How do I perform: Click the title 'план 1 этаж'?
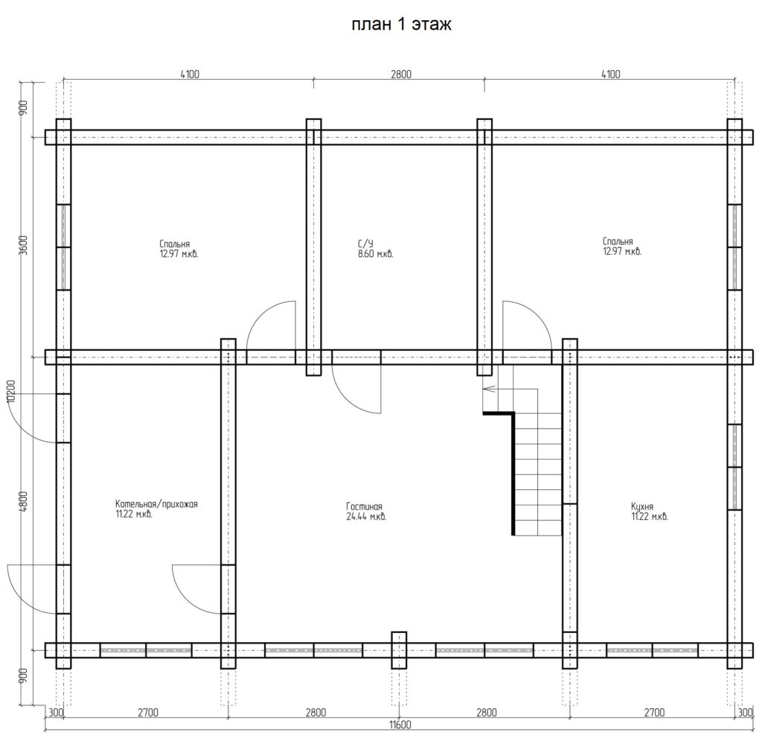(x=401, y=25)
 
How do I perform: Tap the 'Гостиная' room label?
(x=364, y=506)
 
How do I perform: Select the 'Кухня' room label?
(x=642, y=506)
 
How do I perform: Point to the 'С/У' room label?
(x=365, y=244)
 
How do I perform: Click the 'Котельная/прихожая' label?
(x=156, y=504)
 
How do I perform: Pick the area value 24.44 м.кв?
(x=366, y=517)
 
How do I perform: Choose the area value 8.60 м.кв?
(x=375, y=254)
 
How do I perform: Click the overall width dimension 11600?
(x=400, y=725)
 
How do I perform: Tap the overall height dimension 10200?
(x=13, y=390)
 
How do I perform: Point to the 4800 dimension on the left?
(x=25, y=501)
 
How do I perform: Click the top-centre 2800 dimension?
(x=401, y=74)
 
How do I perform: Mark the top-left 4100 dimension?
(x=190, y=74)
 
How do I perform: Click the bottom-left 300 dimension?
(x=57, y=713)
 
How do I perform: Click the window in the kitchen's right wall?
(x=734, y=467)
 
